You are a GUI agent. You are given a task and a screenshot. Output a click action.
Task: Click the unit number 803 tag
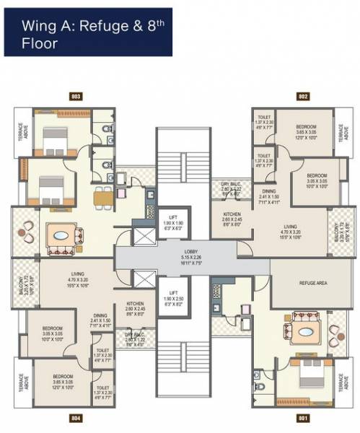pyautogui.click(x=76, y=95)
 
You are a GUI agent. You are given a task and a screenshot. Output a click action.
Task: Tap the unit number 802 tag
pyautogui.click(x=303, y=95)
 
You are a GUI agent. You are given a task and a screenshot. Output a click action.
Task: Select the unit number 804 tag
pyautogui.click(x=76, y=417)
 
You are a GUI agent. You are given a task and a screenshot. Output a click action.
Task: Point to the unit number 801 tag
pyautogui.click(x=303, y=417)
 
